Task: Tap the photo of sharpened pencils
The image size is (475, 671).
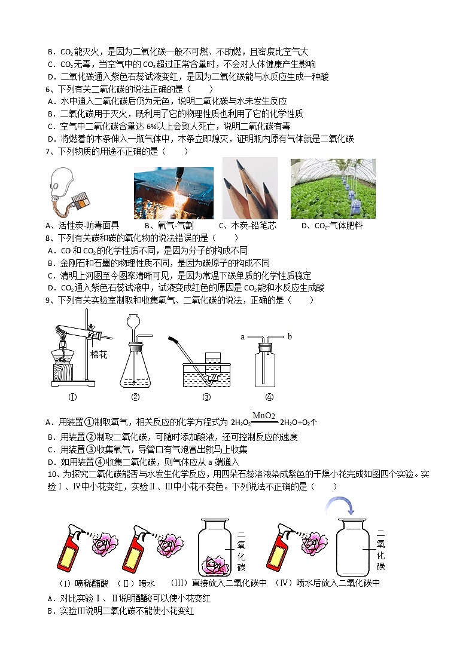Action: tap(249, 188)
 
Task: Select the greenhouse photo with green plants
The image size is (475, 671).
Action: tap(333, 189)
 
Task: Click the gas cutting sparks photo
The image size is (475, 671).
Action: tap(173, 193)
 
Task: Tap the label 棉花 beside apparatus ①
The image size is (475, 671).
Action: tap(98, 354)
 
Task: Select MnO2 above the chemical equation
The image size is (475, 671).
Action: tap(263, 416)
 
